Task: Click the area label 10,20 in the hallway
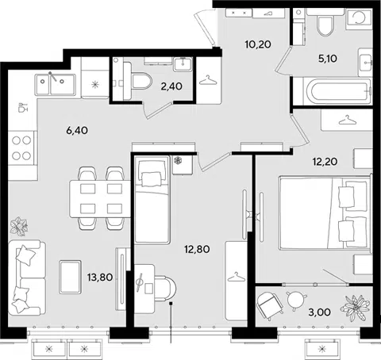pyautogui.click(x=258, y=44)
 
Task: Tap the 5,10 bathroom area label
pyautogui.click(x=328, y=59)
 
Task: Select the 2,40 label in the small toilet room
pyautogui.click(x=171, y=86)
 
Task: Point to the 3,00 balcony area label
pyautogui.click(x=319, y=312)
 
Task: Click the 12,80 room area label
pyautogui.click(x=197, y=249)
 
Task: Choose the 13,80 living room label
pyautogui.click(x=100, y=278)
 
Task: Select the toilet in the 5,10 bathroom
pyautogui.click(x=325, y=22)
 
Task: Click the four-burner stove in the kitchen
pyautogui.click(x=22, y=148)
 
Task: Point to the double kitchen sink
pyautogui.click(x=56, y=84)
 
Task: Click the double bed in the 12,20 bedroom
pyautogui.click(x=325, y=213)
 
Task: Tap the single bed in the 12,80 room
pyautogui.click(x=152, y=200)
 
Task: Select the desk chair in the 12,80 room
pyautogui.click(x=165, y=288)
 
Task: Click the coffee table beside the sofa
pyautogui.click(x=70, y=277)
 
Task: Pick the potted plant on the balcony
pyautogui.click(x=355, y=308)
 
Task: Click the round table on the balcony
pyautogui.click(x=297, y=300)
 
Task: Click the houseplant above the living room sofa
pyautogui.click(x=19, y=226)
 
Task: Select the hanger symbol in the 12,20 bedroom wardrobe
pyautogui.click(x=347, y=121)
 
